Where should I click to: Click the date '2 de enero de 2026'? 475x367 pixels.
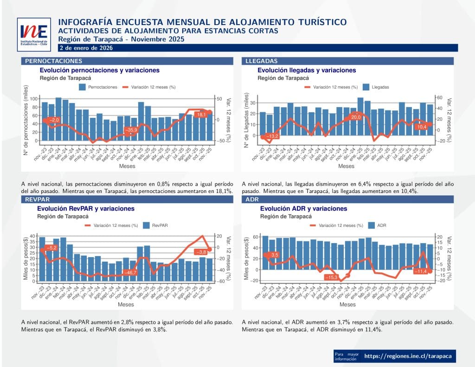(86, 48)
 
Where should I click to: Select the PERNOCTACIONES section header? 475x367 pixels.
(53, 61)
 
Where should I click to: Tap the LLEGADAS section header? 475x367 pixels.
(262, 61)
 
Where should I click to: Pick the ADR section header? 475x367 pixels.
(251, 199)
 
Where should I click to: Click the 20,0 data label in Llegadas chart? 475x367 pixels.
(356, 118)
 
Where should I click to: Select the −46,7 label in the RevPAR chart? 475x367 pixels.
(130, 272)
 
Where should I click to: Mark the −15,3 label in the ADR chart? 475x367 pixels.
(332, 277)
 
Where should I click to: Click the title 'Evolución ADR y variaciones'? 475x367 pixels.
(303, 209)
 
